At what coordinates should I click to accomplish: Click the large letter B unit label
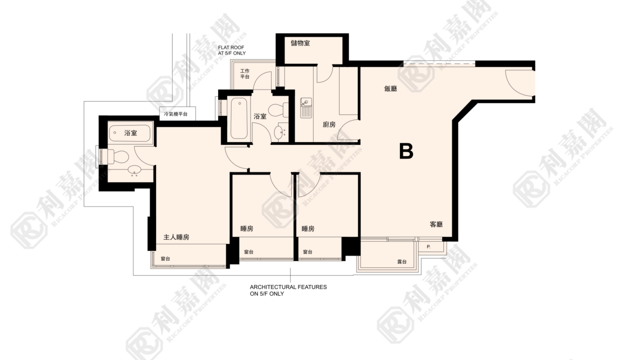tap(406, 151)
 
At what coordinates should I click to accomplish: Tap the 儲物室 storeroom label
tap(300, 43)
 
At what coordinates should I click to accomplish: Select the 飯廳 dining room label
tap(390, 88)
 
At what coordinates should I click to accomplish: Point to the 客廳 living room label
tap(436, 224)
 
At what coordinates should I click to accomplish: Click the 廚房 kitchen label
tap(329, 124)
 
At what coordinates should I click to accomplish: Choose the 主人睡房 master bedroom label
tap(176, 237)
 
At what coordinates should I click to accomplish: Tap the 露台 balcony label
tap(402, 261)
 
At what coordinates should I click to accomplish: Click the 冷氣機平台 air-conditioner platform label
tap(175, 114)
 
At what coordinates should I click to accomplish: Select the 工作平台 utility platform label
tap(244, 73)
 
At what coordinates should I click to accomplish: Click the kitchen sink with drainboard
tap(306, 107)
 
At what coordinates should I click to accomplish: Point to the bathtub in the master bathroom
tap(130, 133)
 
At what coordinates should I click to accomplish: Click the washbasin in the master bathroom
tap(134, 170)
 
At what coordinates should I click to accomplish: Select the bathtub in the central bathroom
tap(239, 118)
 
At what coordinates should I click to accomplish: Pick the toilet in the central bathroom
tap(278, 110)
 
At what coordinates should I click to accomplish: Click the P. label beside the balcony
tap(428, 247)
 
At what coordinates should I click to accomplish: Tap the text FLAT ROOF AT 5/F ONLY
tap(231, 50)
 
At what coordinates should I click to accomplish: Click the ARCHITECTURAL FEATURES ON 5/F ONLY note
tap(288, 290)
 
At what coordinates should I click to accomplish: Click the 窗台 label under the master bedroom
tap(165, 258)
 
